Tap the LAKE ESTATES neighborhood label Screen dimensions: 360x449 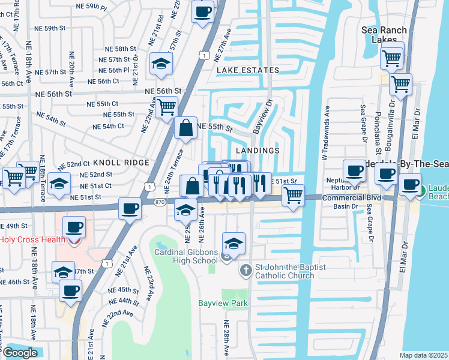[248, 70]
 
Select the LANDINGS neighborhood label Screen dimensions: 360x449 [258, 151]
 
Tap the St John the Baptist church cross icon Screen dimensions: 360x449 [245, 271]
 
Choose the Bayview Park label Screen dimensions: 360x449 [223, 303]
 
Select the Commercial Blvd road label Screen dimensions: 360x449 [352, 197]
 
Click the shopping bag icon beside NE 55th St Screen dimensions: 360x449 [186, 127]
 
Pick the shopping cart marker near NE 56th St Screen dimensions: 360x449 [167, 107]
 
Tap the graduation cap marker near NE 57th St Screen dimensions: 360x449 [161, 65]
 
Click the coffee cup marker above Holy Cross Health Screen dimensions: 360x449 [74, 227]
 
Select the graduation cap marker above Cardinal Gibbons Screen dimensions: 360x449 [234, 243]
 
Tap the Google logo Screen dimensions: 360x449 [20, 353]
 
